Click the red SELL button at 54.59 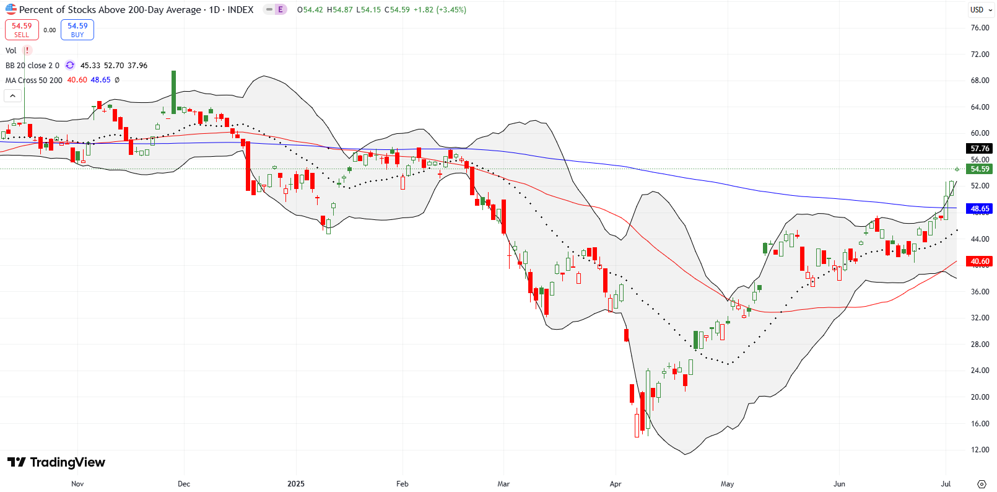coord(22,30)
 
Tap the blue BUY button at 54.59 coord(77,30)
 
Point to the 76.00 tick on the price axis coord(980,28)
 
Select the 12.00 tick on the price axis coord(980,450)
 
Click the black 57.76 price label coord(980,149)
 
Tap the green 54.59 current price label coord(980,169)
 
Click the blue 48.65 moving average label coord(980,209)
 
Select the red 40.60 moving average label coord(980,261)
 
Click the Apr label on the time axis coord(616,484)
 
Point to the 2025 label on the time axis coord(296,484)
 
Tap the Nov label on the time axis coord(77,484)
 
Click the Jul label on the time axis coord(946,484)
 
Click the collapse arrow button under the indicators coord(13,95)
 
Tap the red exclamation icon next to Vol coord(27,51)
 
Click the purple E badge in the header coord(280,10)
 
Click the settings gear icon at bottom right coord(982,484)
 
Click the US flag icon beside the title coord(11,9)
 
